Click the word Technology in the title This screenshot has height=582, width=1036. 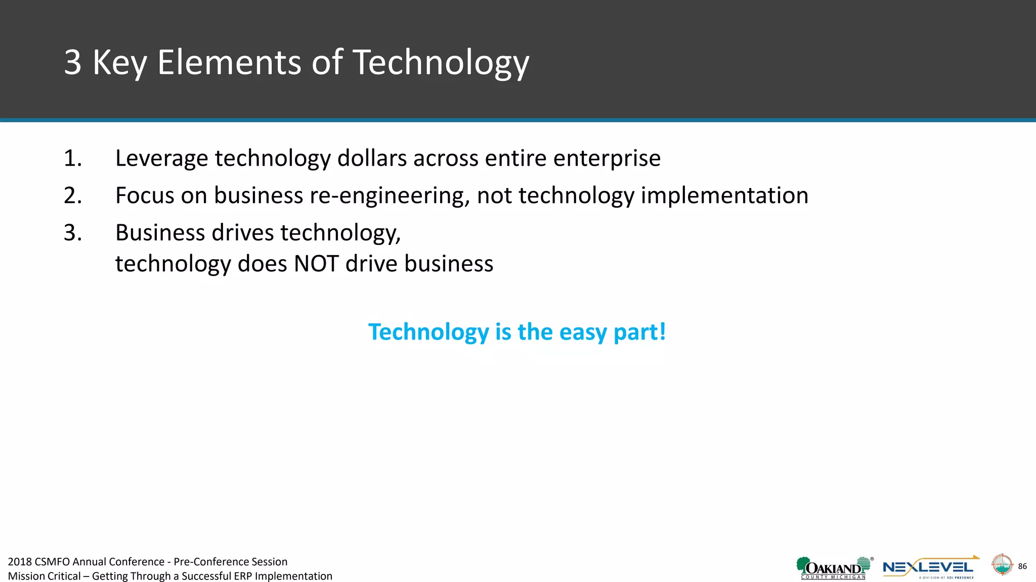pyautogui.click(x=440, y=63)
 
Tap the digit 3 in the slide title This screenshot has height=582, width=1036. pyautogui.click(x=73, y=63)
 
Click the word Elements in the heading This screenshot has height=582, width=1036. pyautogui.click(x=229, y=63)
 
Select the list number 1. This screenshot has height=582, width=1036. pyautogui.click(x=72, y=159)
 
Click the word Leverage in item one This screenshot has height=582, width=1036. pyautogui.click(x=161, y=159)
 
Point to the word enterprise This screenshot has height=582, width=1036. pyautogui.click(x=607, y=159)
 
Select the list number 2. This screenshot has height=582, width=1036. pyautogui.click(x=72, y=196)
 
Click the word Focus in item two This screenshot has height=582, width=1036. pyautogui.click(x=145, y=196)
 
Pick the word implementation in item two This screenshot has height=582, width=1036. pyautogui.click(x=724, y=196)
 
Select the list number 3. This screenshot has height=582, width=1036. pyautogui.click(x=72, y=233)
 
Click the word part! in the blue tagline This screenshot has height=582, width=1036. pyautogui.click(x=639, y=332)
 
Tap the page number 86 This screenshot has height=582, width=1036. pyautogui.click(x=1022, y=566)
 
